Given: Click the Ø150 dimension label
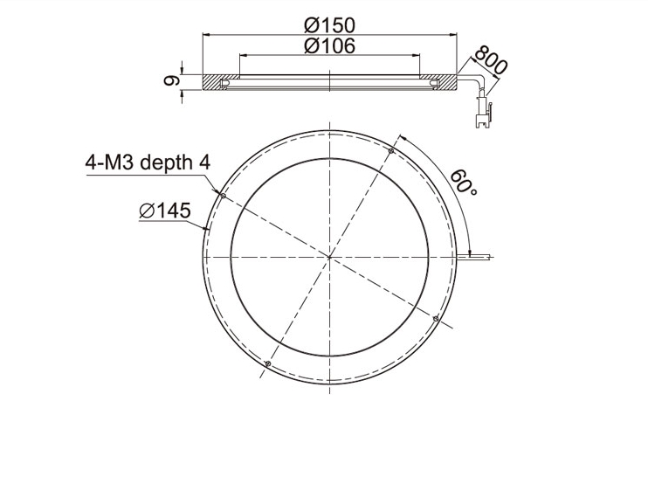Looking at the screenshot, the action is [x=329, y=25].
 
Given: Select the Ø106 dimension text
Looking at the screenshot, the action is [x=329, y=45].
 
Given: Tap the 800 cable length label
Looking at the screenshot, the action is [x=491, y=60].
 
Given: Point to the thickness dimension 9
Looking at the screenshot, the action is [x=170, y=80].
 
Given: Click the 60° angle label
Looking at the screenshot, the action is [x=464, y=182].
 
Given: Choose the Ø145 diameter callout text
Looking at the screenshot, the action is [x=165, y=211].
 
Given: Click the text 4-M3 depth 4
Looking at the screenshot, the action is [x=148, y=162].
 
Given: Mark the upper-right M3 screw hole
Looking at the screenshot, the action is [x=391, y=151].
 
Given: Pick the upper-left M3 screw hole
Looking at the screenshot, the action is [x=224, y=196].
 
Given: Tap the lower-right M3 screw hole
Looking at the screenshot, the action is [x=435, y=318].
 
